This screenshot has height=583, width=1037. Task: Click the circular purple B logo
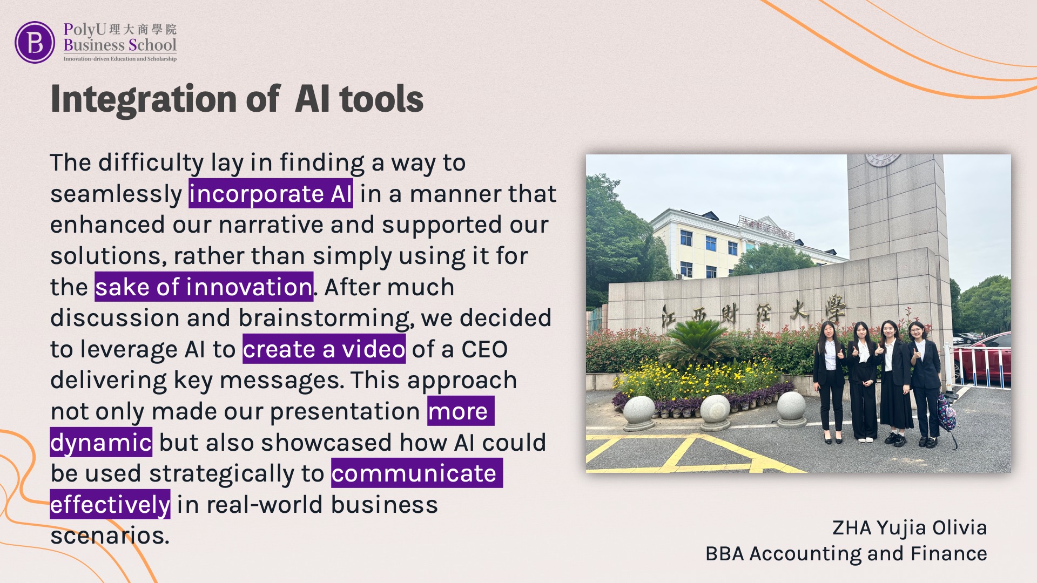pyautogui.click(x=35, y=42)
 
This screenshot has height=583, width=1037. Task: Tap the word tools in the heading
pyautogui.click(x=381, y=99)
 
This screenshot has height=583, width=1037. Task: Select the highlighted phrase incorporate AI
pyautogui.click(x=271, y=194)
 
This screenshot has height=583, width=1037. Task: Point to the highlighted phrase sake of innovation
pyautogui.click(x=204, y=287)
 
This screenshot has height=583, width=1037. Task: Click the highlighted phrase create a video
pyautogui.click(x=324, y=349)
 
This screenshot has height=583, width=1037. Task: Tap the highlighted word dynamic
pyautogui.click(x=101, y=443)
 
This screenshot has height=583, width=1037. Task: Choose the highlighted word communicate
pyautogui.click(x=416, y=473)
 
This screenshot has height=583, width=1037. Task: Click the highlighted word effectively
pyautogui.click(x=110, y=505)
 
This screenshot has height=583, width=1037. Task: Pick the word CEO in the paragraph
pyautogui.click(x=484, y=349)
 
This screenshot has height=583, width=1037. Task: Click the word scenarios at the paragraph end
pyautogui.click(x=110, y=535)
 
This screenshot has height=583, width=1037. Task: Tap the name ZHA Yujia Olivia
pyautogui.click(x=910, y=528)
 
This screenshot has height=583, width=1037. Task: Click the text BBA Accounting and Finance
pyautogui.click(x=846, y=554)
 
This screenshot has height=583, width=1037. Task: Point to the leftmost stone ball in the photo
pyautogui.click(x=639, y=411)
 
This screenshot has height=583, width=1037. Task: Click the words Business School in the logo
pyautogui.click(x=120, y=45)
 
